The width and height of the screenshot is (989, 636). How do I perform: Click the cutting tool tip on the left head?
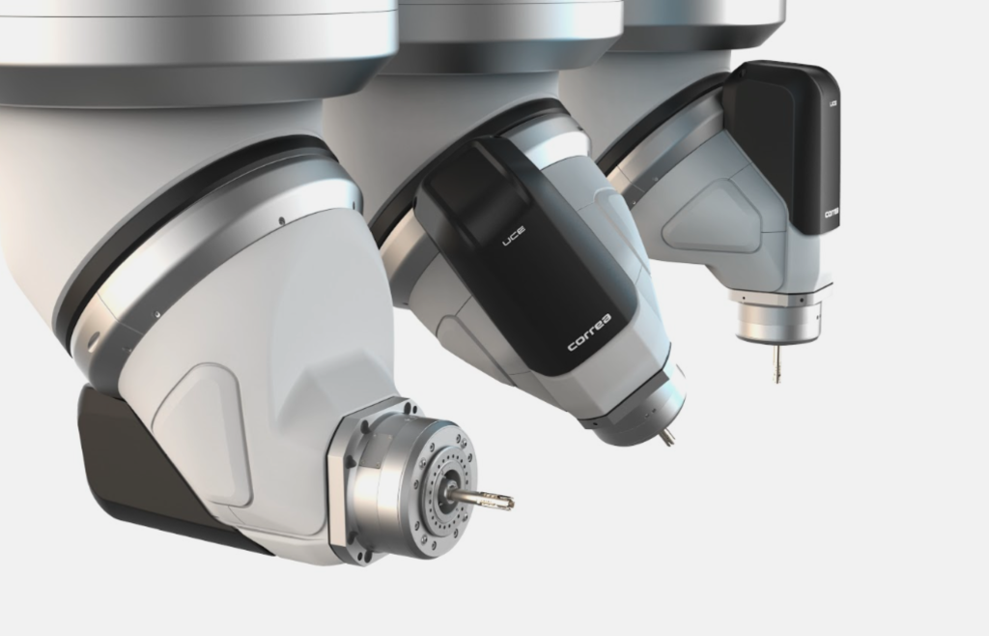(x=506, y=502)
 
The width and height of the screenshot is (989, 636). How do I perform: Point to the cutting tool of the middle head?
(x=666, y=437)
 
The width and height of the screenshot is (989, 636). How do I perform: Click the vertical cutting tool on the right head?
(x=777, y=364)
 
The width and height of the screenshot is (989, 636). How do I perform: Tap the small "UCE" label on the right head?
(x=833, y=101)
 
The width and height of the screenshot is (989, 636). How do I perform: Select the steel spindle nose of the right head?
(x=778, y=319)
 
